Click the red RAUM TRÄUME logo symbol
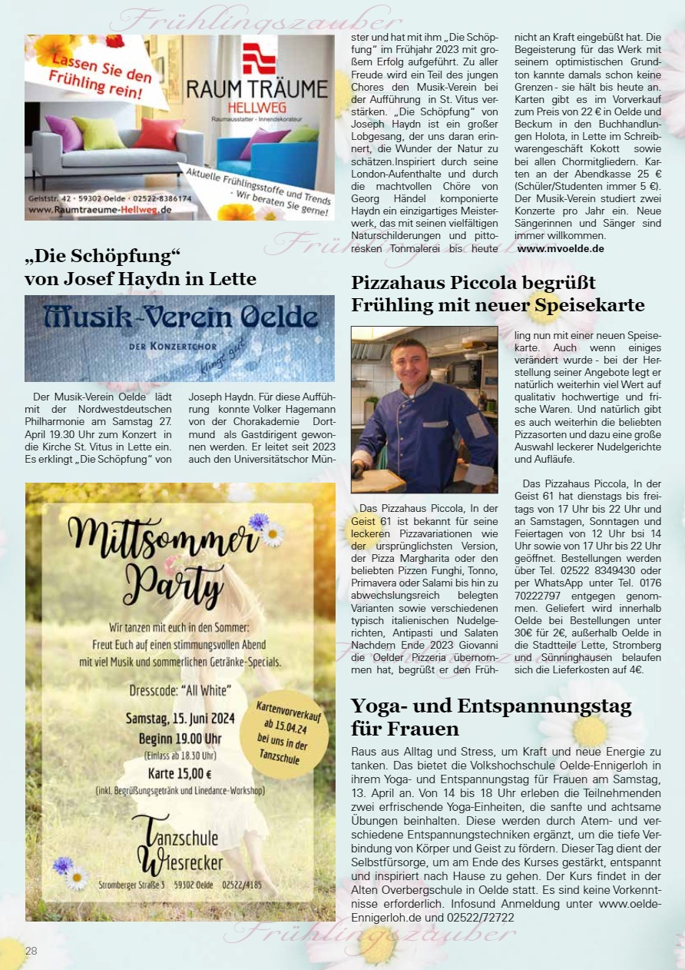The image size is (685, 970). tap(258, 58)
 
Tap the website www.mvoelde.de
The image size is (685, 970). tap(561, 248)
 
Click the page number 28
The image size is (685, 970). tap(31, 951)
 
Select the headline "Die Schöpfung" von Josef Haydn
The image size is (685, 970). tap(141, 266)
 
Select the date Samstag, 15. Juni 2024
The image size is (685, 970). tap(180, 719)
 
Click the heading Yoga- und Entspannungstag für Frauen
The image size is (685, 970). tap(491, 716)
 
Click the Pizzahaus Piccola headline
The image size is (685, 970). tap(498, 294)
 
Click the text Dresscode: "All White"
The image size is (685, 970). tap(180, 689)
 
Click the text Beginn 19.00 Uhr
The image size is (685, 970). tap(180, 739)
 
